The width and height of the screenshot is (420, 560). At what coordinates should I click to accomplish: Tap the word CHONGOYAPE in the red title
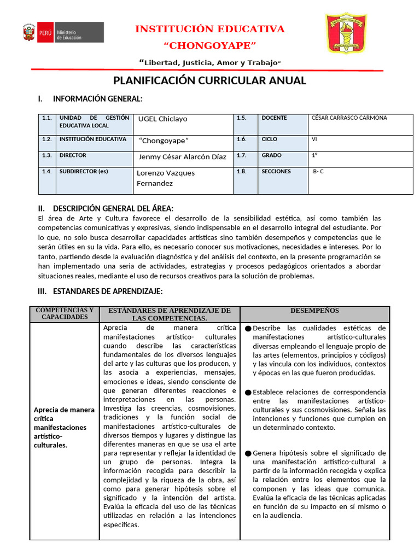coord(210,45)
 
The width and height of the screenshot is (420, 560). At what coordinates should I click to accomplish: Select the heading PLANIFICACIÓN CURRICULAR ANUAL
coord(209,81)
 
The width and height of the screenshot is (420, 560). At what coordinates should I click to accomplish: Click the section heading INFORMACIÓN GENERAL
coord(97,99)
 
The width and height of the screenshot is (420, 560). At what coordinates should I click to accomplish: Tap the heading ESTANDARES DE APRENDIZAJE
coord(107,291)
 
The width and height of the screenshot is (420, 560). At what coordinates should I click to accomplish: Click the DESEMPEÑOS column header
coord(314,311)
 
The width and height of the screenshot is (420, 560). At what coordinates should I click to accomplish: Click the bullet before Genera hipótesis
coord(248,453)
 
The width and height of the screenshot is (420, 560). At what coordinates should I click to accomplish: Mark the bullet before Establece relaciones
coord(248,393)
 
